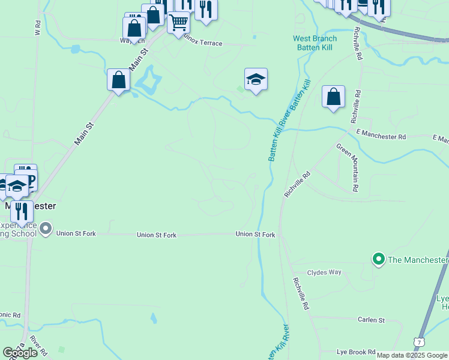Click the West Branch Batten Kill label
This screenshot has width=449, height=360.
[315, 43]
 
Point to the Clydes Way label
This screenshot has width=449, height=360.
[324, 272]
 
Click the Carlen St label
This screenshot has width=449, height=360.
[371, 320]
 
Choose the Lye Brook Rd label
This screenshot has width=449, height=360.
[356, 352]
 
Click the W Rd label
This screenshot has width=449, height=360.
[38, 28]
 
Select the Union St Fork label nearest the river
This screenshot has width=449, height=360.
[255, 235]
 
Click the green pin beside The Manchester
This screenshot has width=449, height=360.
[378, 259]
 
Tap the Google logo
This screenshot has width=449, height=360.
[20, 353]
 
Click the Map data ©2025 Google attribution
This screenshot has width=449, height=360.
[412, 355]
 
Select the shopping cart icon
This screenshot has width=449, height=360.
[178, 23]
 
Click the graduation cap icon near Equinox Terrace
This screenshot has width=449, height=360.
[256, 79]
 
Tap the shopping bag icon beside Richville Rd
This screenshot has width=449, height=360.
[333, 96]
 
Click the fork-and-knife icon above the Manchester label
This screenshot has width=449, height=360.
[22, 211]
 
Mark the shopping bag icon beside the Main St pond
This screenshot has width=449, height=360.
[119, 79]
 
